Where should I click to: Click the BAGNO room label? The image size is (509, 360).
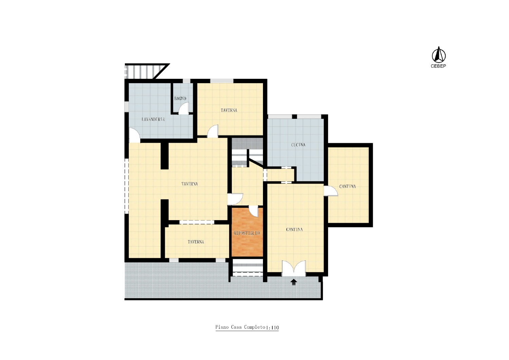click(x=180, y=98)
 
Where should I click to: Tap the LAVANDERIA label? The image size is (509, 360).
click(x=153, y=119)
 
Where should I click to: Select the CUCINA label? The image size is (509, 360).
click(x=298, y=145)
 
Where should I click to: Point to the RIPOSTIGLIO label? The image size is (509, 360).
click(x=247, y=233)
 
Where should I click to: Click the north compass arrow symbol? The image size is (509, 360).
click(x=438, y=55)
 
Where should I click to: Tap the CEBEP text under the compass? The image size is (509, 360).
click(x=438, y=66)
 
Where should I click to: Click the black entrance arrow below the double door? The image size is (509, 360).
click(x=294, y=282)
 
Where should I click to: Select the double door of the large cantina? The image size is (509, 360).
click(x=294, y=268)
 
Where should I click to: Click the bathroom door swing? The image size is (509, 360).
click(x=184, y=108)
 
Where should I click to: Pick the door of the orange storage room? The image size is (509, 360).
click(x=254, y=211)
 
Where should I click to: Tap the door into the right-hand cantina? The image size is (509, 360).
click(x=331, y=191)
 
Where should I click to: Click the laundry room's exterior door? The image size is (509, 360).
click(x=134, y=135)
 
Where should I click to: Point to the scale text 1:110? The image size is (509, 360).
click(x=272, y=327)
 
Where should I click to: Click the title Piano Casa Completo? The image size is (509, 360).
click(x=240, y=327)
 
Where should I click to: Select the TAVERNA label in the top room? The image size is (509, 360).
click(x=229, y=110)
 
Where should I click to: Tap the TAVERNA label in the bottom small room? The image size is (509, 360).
click(x=196, y=242)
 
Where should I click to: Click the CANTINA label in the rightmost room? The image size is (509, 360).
click(x=347, y=186)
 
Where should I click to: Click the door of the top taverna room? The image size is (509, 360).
click(x=213, y=131)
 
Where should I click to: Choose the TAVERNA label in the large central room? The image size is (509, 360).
click(x=189, y=184)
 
